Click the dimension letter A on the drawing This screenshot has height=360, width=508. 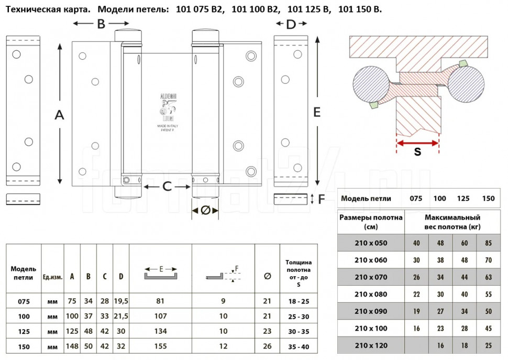click(59, 115)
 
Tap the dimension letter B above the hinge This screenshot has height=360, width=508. click(101, 24)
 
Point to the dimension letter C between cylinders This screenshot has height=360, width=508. click(167, 186)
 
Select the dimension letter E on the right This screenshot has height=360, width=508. click(317, 112)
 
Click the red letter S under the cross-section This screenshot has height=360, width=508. click(417, 152)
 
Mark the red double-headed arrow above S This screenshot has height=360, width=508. click(417, 143)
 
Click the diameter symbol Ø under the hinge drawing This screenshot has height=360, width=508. click(205, 210)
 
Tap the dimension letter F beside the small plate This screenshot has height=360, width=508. click(322, 199)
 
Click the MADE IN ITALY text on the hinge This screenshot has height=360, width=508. click(167, 127)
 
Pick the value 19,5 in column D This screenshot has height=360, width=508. click(121, 301)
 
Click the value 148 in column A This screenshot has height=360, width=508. click(72, 346)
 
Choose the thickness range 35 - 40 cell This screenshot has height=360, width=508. click(299, 346)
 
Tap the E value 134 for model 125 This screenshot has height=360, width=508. click(160, 332)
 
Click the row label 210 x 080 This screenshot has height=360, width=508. click(370, 294)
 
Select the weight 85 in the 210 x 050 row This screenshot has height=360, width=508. click(488, 243)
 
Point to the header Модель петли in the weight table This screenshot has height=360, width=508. click(366, 199)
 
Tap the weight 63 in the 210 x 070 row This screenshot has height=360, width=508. click(488, 277)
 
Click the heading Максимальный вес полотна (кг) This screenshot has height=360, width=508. click(452, 222)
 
